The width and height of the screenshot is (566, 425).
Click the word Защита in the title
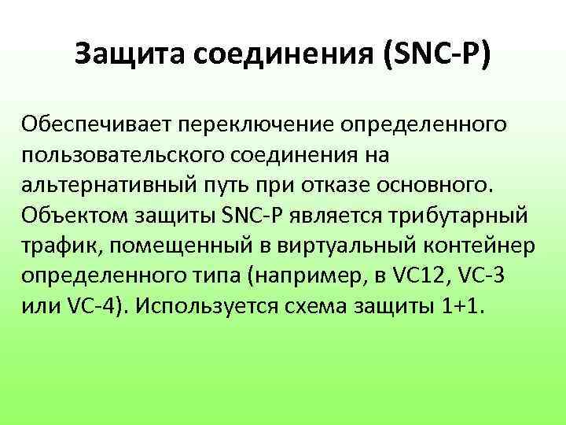point(129,56)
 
